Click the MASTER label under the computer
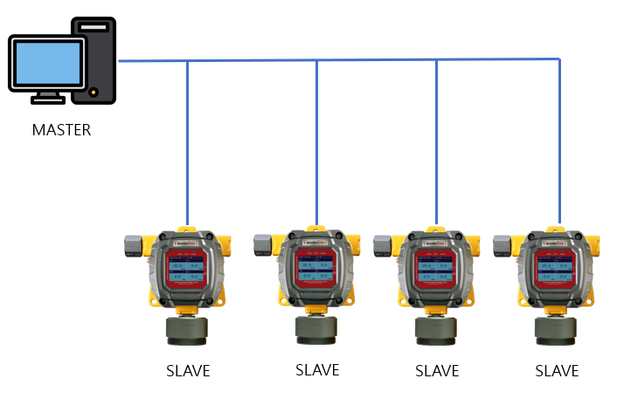coord(61,130)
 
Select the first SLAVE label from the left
coord(188,370)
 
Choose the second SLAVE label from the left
coord(317,369)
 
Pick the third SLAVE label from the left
coord(437,370)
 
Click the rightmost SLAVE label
coord(557,370)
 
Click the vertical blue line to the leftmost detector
coord(187,140)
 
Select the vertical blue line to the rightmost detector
coord(559,140)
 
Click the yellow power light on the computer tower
coord(93,91)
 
